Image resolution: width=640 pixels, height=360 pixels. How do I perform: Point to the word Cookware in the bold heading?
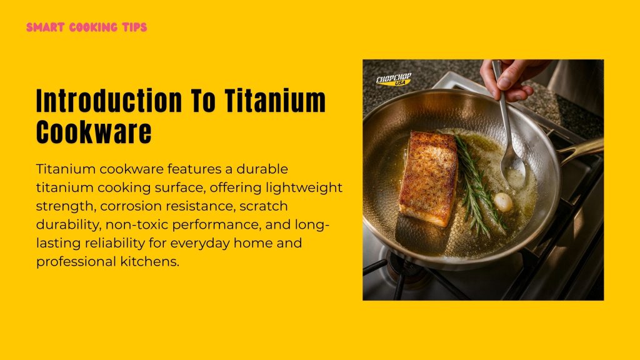[x=94, y=132]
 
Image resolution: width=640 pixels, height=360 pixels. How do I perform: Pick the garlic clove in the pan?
[x=503, y=202]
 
